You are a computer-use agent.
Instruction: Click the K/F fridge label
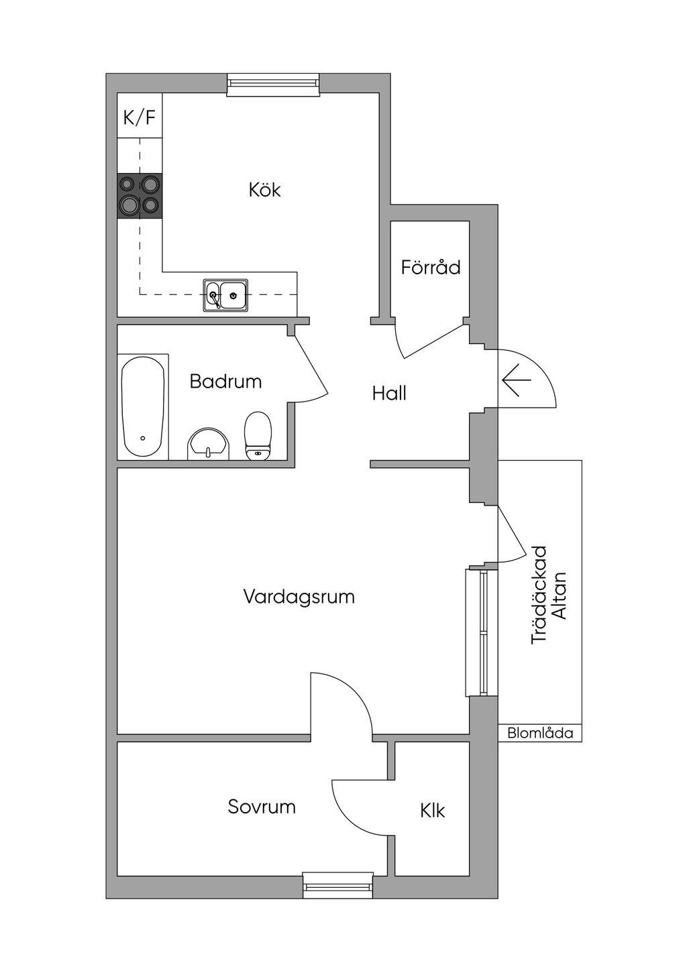(140, 118)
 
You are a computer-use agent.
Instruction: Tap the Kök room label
(264, 190)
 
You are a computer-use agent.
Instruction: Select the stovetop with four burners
(140, 195)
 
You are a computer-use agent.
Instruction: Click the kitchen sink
(225, 295)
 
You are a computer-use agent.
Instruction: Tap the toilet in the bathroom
(258, 436)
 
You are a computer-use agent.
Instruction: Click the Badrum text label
(225, 382)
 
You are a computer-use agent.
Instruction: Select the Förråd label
(431, 268)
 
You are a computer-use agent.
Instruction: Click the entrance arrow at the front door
(516, 380)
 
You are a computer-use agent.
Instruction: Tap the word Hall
(389, 393)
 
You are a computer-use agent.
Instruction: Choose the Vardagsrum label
(299, 596)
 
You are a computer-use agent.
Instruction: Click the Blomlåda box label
(540, 733)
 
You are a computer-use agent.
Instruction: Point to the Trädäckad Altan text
(549, 595)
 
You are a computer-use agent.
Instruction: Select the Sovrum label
(262, 806)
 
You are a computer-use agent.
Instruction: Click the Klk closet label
(433, 811)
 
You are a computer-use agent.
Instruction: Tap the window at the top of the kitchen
(272, 83)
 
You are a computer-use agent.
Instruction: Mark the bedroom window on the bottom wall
(337, 886)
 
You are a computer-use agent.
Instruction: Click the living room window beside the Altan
(483, 632)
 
